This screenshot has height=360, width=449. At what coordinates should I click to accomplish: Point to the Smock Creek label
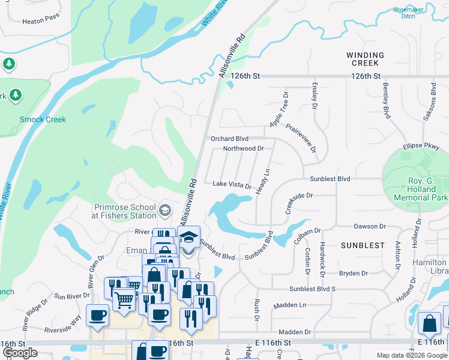(x=43, y=119)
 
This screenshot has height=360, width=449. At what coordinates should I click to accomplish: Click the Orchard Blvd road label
(x=229, y=139)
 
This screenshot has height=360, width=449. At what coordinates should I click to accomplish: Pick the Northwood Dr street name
(x=243, y=148)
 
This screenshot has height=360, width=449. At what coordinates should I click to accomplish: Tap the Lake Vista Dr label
(x=232, y=185)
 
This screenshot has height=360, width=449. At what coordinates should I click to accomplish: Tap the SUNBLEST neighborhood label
(x=363, y=245)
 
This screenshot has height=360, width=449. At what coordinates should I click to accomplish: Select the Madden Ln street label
(x=290, y=305)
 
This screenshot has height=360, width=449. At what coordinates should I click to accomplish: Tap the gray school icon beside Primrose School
(x=165, y=211)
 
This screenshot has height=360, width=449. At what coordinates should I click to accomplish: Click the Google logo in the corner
(x=20, y=353)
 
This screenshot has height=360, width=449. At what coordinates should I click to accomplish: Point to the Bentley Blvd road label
(x=386, y=101)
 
